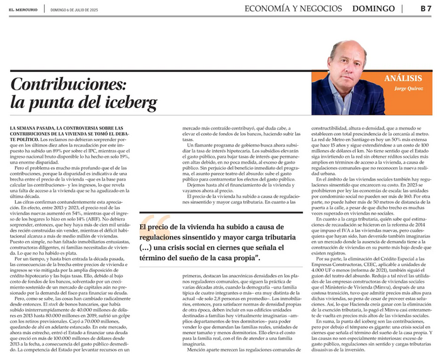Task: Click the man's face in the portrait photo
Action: click(x=346, y=61)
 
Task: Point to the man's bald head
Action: click(x=346, y=46)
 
